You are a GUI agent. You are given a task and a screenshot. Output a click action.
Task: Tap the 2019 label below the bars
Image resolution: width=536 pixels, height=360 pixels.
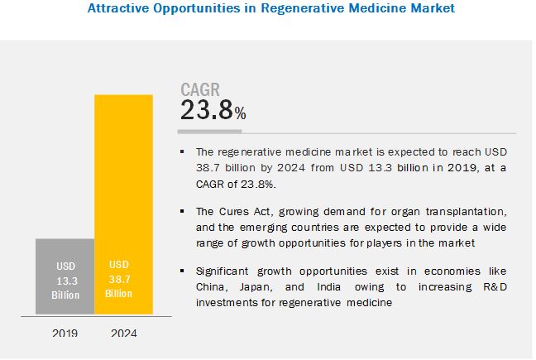coord(65,334)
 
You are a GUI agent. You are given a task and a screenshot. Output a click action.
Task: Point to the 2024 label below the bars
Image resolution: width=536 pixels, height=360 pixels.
coord(123,334)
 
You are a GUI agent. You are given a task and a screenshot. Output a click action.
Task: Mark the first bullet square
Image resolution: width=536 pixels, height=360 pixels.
coord(183,151)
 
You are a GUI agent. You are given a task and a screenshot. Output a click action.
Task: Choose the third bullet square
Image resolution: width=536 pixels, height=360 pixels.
coord(183,271)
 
